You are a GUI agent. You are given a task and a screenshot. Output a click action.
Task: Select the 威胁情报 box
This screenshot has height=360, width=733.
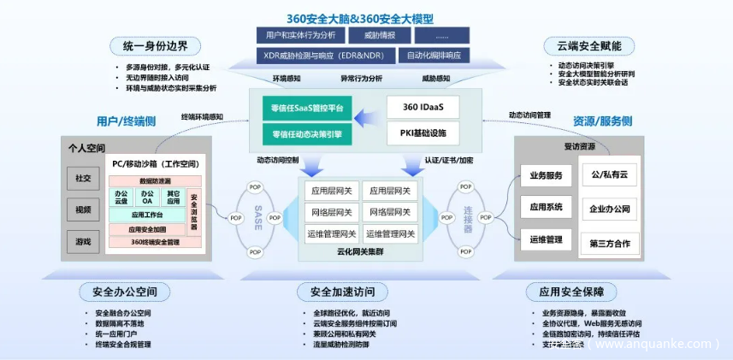click(x=381, y=35)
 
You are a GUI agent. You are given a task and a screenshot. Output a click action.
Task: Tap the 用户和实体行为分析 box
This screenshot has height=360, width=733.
click(x=300, y=35)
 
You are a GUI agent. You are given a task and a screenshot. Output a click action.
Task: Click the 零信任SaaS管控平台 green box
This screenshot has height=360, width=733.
click(x=307, y=109)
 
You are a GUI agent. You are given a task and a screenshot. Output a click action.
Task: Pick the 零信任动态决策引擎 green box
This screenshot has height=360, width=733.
click(x=307, y=133)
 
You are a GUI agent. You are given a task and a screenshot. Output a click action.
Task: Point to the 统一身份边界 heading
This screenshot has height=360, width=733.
click(x=155, y=45)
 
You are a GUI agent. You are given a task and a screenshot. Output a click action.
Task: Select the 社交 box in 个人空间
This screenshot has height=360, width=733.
click(x=83, y=179)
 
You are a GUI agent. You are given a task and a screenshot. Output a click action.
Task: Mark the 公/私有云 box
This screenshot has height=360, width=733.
click(x=609, y=176)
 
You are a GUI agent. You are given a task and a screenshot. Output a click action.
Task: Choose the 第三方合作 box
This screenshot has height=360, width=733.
click(x=609, y=243)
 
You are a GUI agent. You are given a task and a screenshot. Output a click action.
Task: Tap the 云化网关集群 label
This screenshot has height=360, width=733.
click(x=359, y=253)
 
